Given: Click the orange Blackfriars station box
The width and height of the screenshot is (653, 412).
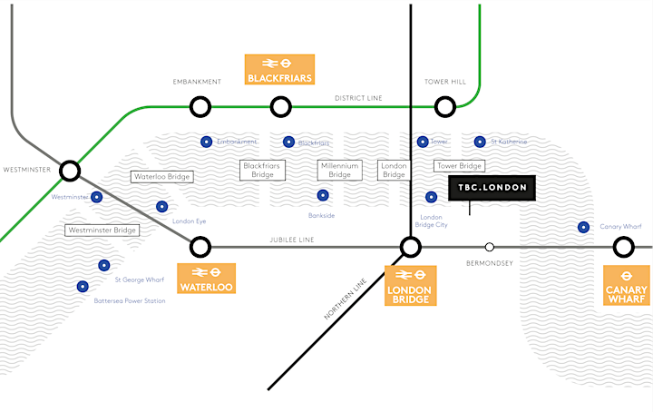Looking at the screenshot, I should (280, 70).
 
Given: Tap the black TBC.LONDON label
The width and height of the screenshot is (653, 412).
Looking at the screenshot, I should (493, 188).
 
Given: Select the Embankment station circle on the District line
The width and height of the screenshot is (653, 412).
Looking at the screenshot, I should (200, 107).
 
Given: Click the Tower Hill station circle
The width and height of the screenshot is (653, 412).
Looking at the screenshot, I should (444, 107).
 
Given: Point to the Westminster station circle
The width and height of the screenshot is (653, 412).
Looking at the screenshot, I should (70, 170).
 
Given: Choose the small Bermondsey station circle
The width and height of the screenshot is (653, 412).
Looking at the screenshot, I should (490, 246).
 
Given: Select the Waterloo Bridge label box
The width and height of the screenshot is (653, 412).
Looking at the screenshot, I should (161, 177).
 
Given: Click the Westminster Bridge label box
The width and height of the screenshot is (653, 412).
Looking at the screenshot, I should (102, 231).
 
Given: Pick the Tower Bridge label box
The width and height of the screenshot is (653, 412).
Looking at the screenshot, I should (460, 167).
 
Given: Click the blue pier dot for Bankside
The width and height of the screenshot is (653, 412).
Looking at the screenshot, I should (322, 194).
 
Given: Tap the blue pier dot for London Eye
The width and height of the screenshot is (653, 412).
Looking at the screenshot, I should (162, 206).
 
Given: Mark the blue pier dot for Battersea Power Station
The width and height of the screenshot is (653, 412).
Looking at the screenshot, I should (83, 286).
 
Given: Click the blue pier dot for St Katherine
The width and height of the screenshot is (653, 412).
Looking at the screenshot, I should (480, 142).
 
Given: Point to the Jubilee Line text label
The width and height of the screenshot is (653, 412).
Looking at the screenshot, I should (292, 240).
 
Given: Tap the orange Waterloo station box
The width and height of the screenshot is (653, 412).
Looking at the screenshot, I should (207, 279).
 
